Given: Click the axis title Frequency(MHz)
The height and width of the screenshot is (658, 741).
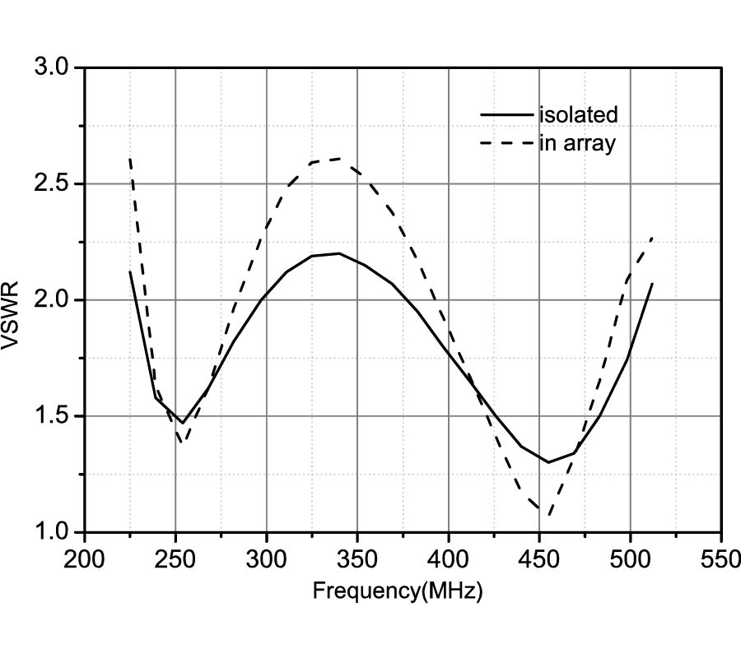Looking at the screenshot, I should click(x=397, y=591).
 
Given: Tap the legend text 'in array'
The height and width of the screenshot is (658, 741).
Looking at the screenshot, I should click(x=577, y=143).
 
